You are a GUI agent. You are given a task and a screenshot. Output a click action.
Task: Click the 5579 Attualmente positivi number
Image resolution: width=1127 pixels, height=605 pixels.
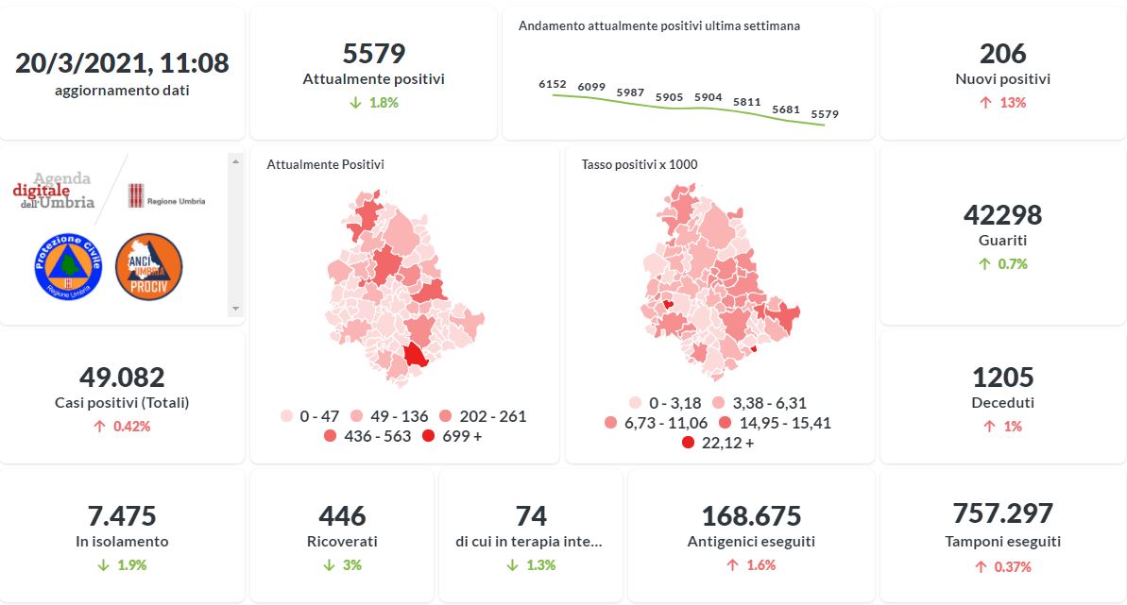(x=373, y=54)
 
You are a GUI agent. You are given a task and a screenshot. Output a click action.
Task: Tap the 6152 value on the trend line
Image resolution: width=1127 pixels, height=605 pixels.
(x=552, y=84)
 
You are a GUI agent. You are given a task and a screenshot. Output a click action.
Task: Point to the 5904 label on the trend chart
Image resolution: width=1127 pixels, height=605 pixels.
(x=708, y=97)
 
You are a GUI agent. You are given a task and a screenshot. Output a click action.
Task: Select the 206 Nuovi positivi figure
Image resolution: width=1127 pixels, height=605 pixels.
(x=1002, y=54)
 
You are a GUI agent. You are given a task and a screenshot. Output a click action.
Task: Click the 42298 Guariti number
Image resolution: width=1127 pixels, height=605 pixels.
(x=1002, y=215)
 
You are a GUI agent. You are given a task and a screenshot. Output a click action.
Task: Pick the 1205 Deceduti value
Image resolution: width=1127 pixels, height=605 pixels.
(x=1002, y=377)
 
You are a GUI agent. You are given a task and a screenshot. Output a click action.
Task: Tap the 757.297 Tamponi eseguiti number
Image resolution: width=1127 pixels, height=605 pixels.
(x=1002, y=513)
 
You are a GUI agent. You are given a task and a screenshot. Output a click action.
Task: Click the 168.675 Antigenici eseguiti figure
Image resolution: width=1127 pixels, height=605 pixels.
(x=751, y=516)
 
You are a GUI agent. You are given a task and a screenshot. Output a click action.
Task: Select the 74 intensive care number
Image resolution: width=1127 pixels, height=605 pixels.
(x=531, y=516)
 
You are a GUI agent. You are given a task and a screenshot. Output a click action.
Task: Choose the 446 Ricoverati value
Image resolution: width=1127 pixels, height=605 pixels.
(x=342, y=516)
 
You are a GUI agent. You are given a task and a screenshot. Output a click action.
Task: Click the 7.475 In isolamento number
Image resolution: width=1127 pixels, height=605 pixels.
(x=122, y=516)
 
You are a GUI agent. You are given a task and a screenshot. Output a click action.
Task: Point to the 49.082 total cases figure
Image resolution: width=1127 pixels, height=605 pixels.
(x=122, y=377)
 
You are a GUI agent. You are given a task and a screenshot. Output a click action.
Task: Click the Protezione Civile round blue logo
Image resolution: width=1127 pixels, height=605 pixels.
(x=67, y=267)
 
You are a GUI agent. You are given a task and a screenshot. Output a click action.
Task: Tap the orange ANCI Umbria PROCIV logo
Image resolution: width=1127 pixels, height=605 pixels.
(x=148, y=267)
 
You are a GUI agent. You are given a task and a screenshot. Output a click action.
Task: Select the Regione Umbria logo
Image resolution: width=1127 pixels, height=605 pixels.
(x=166, y=197)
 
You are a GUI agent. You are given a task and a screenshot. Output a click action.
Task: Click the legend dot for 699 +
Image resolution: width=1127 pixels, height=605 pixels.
(x=429, y=436)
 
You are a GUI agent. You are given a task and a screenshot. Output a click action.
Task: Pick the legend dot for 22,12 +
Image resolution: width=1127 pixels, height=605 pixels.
(x=688, y=442)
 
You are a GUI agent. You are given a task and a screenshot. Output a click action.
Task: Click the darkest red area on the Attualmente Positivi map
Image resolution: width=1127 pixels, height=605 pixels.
(x=415, y=356)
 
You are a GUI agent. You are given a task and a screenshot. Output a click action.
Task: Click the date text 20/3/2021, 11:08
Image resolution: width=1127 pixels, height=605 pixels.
(x=122, y=63)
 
